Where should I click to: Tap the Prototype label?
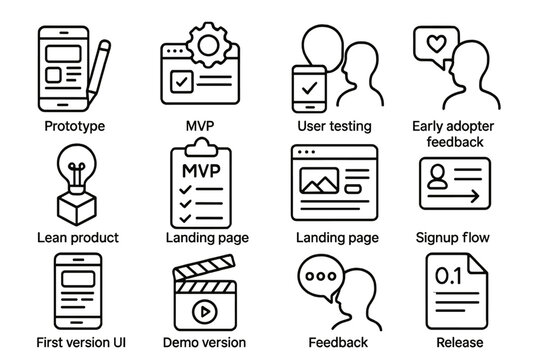[75, 126]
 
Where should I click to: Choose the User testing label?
[335, 126]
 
